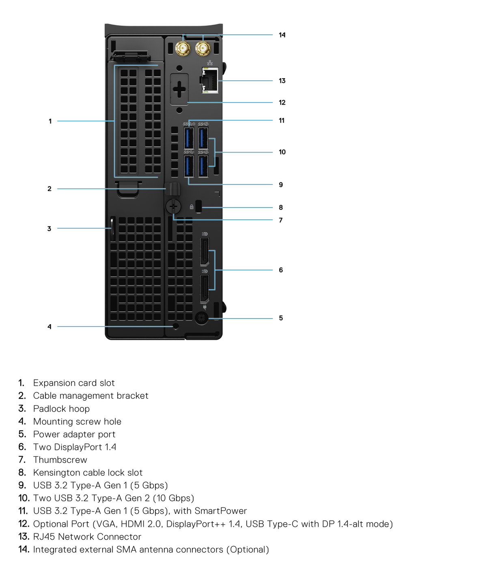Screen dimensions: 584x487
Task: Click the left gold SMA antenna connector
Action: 183,49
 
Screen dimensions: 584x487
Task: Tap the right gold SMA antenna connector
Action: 203,49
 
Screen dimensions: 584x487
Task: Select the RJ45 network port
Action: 210,81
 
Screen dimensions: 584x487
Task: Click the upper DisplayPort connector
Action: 204,252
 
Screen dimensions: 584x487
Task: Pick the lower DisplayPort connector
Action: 204,289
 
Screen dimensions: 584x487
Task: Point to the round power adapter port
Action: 201,318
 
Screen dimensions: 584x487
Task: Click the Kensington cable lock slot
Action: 198,206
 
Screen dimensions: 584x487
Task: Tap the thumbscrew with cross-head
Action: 173,207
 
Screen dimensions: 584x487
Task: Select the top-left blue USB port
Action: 189,138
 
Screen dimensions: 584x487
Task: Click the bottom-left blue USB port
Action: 189,166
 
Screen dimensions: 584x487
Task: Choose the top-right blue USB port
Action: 203,138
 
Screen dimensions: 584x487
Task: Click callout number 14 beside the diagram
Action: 282,35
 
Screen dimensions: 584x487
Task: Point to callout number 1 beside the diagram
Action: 50,121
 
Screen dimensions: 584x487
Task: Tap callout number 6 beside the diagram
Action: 281,270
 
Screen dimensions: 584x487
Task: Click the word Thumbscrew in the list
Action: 60,460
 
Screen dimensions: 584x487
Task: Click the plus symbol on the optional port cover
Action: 179,89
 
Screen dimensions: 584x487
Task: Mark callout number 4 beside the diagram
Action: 50,327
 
